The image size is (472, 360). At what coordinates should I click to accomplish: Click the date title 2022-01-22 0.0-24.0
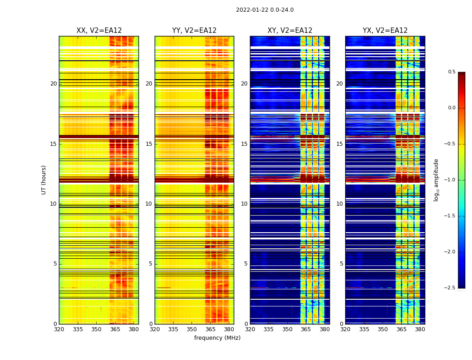tap(265, 10)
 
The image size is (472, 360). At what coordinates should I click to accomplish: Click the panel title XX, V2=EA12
tap(99, 31)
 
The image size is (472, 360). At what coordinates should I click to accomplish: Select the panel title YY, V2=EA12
tap(194, 31)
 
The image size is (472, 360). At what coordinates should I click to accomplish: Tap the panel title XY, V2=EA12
tap(290, 31)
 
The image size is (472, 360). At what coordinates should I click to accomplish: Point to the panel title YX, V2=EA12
tap(385, 31)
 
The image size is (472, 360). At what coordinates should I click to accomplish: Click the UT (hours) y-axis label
tap(44, 180)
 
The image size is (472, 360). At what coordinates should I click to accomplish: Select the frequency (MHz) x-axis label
tap(217, 338)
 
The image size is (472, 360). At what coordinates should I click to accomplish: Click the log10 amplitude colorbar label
tap(436, 180)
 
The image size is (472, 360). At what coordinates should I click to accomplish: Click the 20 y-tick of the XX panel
tap(53, 84)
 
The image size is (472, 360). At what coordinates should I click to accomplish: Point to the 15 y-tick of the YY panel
tap(149, 144)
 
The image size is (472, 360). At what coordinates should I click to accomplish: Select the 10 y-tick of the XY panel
tap(244, 204)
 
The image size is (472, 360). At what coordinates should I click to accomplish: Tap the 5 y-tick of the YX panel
tap(341, 264)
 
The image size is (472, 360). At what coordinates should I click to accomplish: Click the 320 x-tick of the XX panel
tap(59, 329)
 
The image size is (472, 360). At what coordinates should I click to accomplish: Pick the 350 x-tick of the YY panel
tap(192, 329)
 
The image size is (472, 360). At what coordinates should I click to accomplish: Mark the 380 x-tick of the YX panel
tap(420, 329)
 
